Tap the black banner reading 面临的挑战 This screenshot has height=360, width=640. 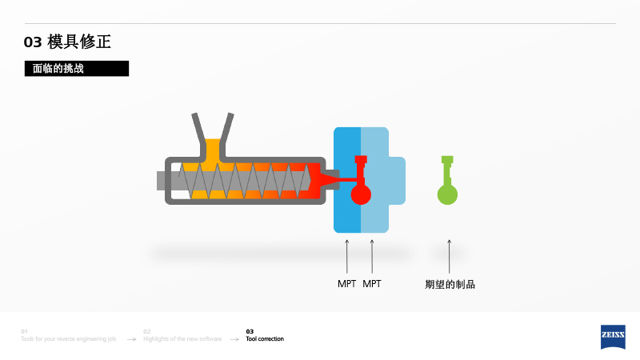click(x=76, y=69)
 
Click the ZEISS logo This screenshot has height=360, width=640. click(x=613, y=337)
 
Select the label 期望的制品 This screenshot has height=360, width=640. click(x=450, y=284)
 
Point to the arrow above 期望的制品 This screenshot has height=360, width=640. click(x=449, y=256)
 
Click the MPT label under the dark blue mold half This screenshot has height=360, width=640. click(x=346, y=284)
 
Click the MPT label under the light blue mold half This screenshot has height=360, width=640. click(x=372, y=284)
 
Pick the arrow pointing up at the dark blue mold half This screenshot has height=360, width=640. click(x=346, y=256)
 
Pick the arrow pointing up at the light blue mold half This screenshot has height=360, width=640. click(x=372, y=256)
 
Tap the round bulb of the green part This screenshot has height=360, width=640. click(x=447, y=194)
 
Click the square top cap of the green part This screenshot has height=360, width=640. click(x=447, y=159)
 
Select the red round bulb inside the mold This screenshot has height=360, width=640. click(x=361, y=194)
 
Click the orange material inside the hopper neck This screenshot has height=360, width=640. click(x=212, y=150)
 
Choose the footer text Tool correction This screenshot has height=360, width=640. click(x=265, y=339)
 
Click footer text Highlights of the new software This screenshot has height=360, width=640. click(x=182, y=339)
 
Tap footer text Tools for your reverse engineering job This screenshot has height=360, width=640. click(x=68, y=339)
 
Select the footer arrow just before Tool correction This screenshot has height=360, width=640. click(x=234, y=339)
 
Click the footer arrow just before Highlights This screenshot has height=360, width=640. click(x=131, y=339)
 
